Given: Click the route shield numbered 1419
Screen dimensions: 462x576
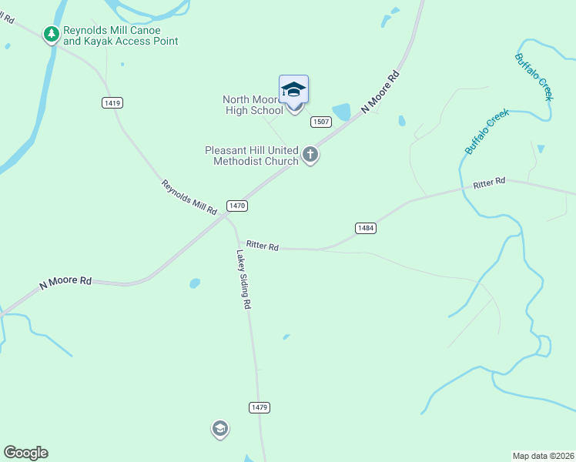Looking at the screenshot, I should click(112, 102).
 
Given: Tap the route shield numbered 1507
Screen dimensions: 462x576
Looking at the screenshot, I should click(321, 122).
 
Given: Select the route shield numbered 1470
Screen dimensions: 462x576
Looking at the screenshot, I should click(236, 206).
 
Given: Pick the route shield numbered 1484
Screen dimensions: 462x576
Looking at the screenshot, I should click(366, 228).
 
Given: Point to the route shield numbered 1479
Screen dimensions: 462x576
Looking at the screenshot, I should click(259, 407).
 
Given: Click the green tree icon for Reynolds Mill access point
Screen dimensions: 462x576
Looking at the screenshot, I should click(52, 34).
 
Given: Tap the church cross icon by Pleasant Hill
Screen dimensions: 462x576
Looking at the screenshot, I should click(310, 156).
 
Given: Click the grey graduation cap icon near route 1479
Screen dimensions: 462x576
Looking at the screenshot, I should click(220, 429).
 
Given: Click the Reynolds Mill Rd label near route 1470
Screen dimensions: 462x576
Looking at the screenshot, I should click(189, 197).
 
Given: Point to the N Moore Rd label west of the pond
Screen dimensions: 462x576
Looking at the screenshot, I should click(65, 282).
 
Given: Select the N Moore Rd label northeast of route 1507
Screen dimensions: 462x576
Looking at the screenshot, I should click(382, 92).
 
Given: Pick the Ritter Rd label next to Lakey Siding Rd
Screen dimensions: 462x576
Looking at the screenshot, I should click(262, 246).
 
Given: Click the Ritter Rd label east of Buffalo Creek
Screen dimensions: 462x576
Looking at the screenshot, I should click(489, 182).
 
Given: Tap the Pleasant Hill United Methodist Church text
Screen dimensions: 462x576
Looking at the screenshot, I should click(251, 156).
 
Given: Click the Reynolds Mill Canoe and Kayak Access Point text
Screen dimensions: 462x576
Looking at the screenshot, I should click(120, 35).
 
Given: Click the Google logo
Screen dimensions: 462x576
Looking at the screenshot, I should click(25, 453).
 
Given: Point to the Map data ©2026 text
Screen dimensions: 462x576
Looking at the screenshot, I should click(543, 456).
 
